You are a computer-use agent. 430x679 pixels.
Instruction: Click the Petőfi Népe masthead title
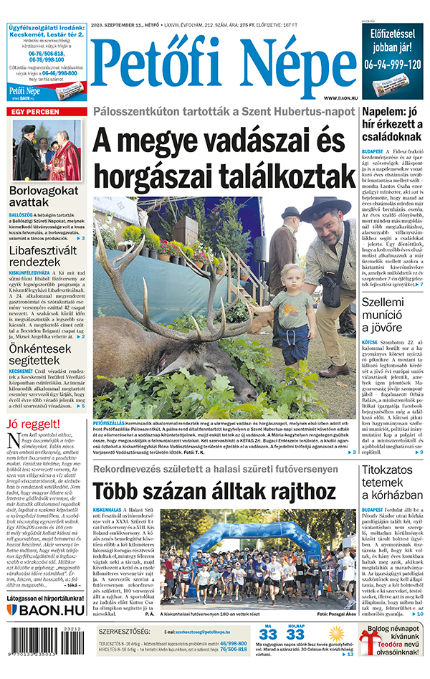click(x=223, y=66)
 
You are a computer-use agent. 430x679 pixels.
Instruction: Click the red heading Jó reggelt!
click(x=32, y=424)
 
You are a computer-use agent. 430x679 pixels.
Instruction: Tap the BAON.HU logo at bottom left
click(x=46, y=610)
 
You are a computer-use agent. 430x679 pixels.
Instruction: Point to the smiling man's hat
click(x=325, y=209)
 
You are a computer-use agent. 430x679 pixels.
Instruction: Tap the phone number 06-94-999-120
click(x=393, y=64)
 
